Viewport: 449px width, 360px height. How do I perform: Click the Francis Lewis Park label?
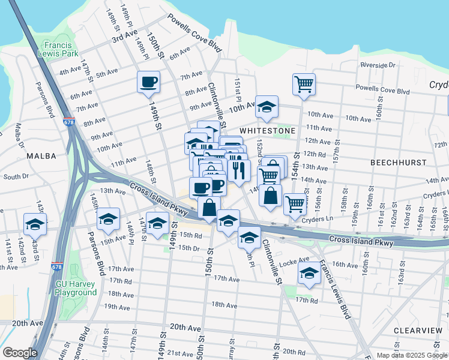[x=62, y=49]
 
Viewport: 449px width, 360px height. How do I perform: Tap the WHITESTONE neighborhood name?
[x=267, y=130]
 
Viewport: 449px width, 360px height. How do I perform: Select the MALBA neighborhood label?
[x=41, y=156]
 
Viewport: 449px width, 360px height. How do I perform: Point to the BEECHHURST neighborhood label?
[x=398, y=163]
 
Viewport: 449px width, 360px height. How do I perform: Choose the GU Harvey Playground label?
[x=76, y=288]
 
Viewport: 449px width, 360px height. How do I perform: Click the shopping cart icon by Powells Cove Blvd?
[x=304, y=85]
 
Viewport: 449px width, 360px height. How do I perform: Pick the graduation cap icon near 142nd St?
[x=35, y=225]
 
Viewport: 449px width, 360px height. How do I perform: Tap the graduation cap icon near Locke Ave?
[x=309, y=274]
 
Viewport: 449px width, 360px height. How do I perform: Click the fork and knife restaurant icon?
[x=239, y=170]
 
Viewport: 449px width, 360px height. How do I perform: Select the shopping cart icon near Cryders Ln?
[x=295, y=205]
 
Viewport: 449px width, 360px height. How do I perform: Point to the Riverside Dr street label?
[x=378, y=65]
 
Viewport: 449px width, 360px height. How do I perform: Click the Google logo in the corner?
[x=20, y=353]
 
